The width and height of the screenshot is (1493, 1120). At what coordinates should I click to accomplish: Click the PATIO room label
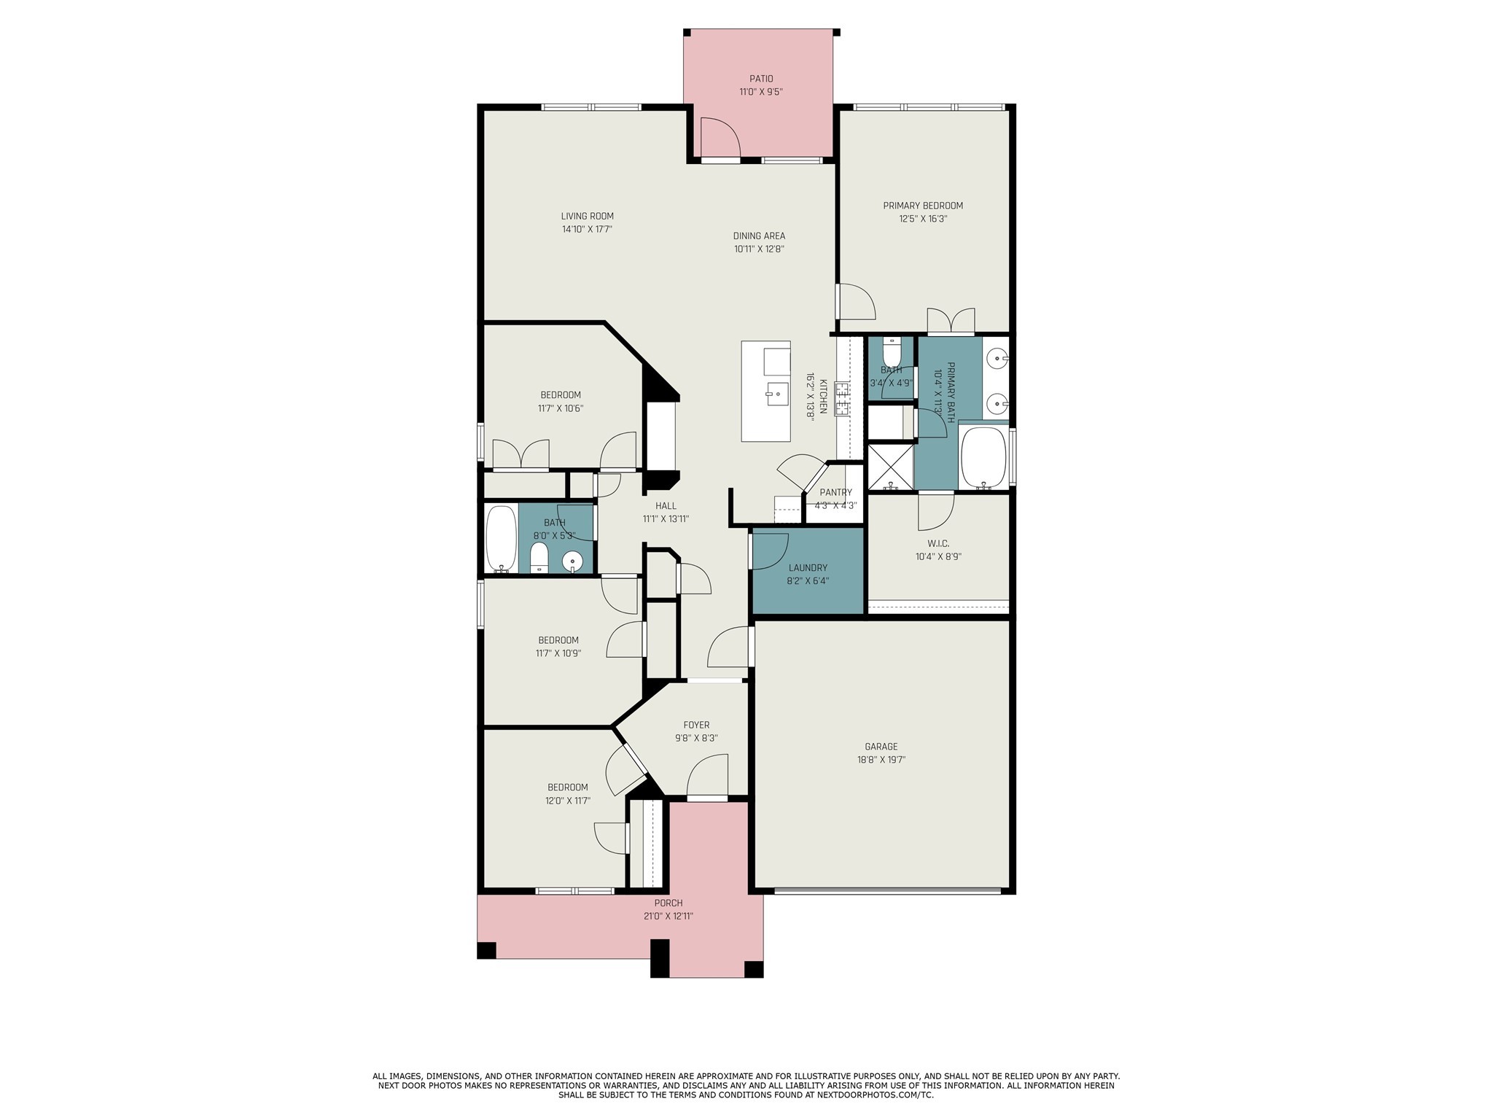[760, 79]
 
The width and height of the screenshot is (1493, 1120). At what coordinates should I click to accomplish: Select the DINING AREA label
[759, 236]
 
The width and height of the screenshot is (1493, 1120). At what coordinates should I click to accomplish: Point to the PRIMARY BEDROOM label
[922, 206]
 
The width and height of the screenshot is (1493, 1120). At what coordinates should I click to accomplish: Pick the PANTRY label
[835, 492]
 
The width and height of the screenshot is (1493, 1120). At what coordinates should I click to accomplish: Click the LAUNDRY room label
[808, 568]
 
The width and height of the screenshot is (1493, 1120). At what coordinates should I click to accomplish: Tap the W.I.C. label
[938, 543]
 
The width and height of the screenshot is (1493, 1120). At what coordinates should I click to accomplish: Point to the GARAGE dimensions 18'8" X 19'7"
[881, 760]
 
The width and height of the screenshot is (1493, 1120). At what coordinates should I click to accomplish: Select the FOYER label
[696, 725]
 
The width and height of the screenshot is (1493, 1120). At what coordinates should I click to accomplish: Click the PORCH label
[668, 903]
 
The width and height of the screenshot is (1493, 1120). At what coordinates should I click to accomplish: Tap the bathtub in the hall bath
[502, 539]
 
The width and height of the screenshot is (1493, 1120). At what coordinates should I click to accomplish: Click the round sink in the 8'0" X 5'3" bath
[574, 561]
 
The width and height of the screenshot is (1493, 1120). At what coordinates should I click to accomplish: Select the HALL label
[665, 506]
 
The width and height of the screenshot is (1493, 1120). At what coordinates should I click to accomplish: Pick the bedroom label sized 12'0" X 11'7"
[567, 787]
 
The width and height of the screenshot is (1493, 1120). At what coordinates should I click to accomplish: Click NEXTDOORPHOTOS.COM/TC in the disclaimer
[875, 1115]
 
